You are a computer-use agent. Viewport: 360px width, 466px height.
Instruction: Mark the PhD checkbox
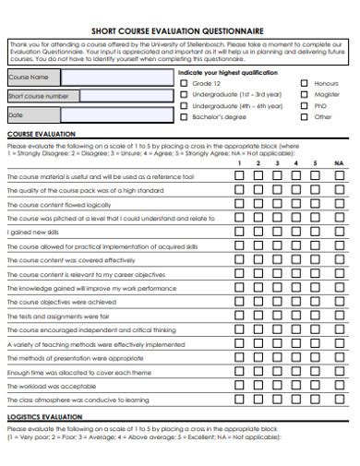click(x=305, y=105)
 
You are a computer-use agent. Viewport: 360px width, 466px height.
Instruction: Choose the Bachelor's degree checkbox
click(x=184, y=116)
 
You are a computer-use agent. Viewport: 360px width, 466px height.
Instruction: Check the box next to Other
click(x=305, y=116)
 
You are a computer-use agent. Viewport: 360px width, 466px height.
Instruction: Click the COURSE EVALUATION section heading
click(x=42, y=135)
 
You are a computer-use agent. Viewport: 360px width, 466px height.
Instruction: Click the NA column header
click(x=339, y=163)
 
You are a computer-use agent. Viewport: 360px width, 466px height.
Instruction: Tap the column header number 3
click(x=276, y=163)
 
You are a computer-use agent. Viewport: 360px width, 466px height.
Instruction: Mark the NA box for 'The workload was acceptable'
click(x=339, y=386)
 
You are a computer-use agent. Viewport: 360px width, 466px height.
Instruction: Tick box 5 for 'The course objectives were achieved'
click(x=315, y=302)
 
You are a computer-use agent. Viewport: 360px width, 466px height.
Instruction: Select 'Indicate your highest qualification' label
click(x=226, y=71)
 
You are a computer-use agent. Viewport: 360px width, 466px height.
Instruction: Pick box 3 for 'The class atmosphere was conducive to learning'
click(x=276, y=400)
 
